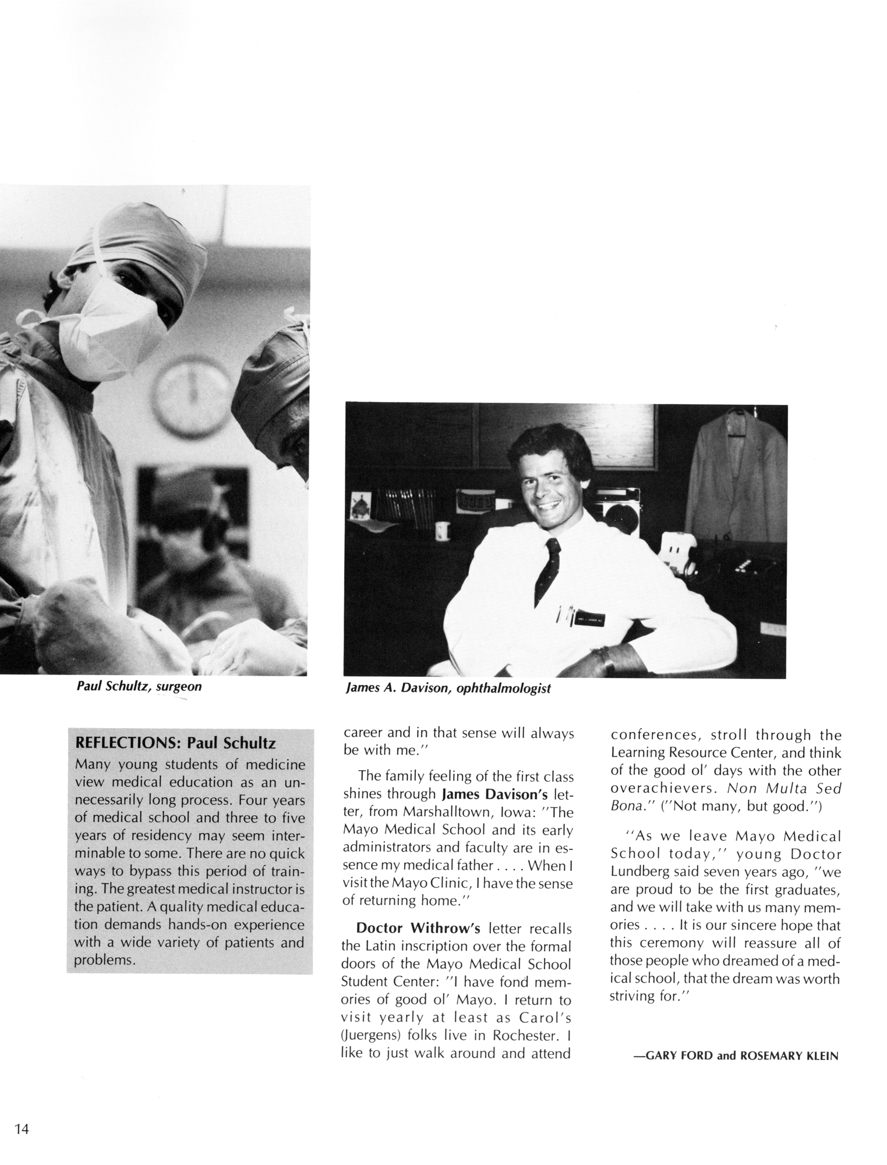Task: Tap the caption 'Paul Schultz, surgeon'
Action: [x=139, y=686]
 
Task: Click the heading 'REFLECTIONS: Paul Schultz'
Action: [x=172, y=743]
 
